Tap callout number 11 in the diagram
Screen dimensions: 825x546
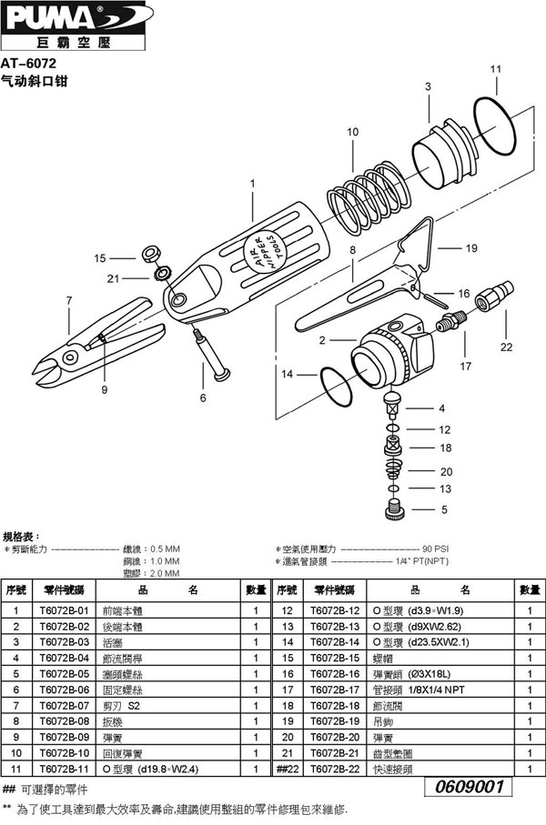pos(495,69)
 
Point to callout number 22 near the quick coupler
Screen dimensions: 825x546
pos(506,347)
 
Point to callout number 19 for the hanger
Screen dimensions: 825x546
pos(470,247)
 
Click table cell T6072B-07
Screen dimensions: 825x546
pos(64,706)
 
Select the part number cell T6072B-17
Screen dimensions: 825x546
pos(336,689)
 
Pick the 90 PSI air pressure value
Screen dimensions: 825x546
pos(435,549)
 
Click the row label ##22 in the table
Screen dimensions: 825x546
pos(288,768)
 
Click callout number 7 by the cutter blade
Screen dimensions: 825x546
pos(68,299)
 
